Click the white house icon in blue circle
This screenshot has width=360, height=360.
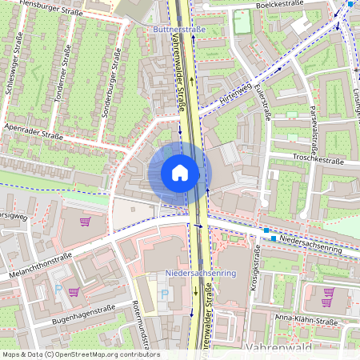click(x=180, y=172)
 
